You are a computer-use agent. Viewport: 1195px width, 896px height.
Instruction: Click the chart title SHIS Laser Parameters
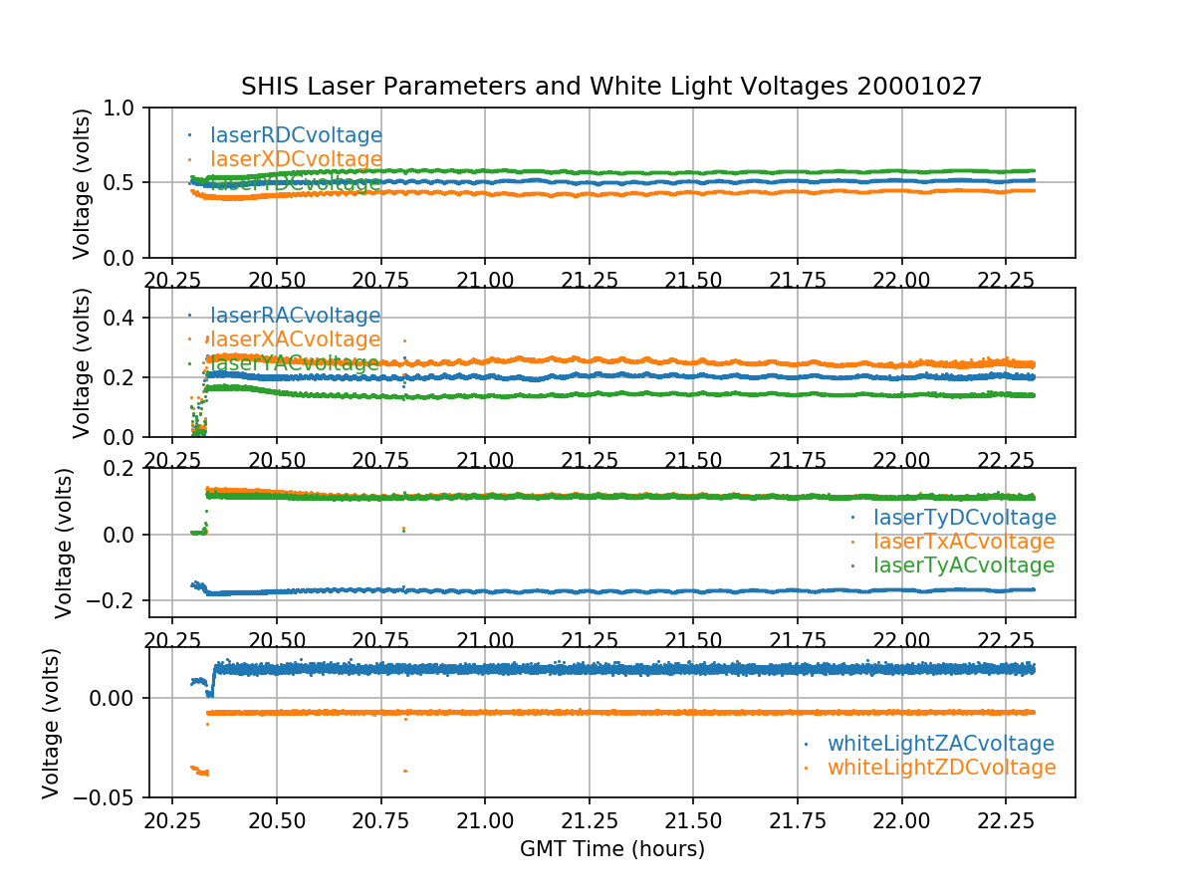(611, 87)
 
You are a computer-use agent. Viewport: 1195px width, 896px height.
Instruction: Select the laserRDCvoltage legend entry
(296, 135)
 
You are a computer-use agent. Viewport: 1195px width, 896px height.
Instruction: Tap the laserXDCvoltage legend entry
(296, 159)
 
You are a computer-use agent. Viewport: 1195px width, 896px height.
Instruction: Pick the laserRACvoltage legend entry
(295, 316)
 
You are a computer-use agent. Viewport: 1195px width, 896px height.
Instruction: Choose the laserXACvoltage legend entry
(295, 339)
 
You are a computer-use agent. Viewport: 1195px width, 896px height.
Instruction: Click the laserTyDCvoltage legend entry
(964, 518)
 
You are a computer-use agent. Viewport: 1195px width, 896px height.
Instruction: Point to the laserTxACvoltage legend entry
(964, 542)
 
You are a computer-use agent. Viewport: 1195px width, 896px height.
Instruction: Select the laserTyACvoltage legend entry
(964, 565)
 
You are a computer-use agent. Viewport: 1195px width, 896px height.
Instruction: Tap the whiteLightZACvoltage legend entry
(940, 744)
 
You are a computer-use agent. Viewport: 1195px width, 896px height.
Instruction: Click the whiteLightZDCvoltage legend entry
(941, 768)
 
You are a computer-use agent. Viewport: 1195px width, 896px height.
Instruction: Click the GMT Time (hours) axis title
(611, 849)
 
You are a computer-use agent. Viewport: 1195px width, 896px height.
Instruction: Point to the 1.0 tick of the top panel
(125, 108)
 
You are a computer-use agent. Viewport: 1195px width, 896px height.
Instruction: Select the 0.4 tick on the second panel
(125, 318)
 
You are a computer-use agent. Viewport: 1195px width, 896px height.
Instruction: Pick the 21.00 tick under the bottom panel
(485, 821)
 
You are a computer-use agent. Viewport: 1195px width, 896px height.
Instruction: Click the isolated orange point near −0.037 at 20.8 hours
(405, 771)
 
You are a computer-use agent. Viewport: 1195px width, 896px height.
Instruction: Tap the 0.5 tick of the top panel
(125, 182)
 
